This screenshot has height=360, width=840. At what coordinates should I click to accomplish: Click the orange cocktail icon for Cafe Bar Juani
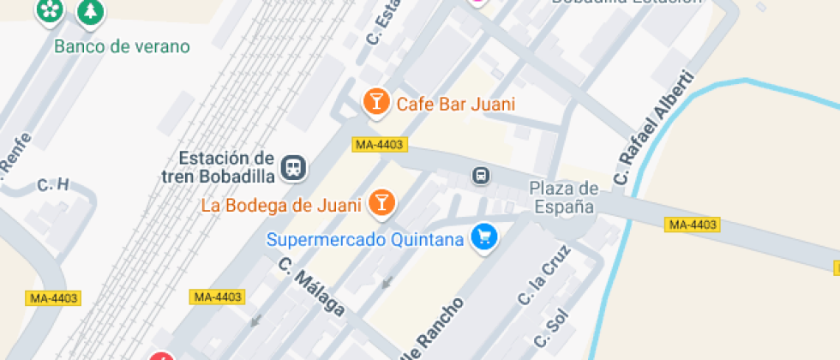point(375,103)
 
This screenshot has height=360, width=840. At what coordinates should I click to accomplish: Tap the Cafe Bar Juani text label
point(455,105)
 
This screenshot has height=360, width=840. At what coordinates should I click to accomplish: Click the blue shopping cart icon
point(484,237)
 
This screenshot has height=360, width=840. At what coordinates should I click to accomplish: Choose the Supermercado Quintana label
point(365,239)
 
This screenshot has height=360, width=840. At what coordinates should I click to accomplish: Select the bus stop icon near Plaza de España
point(482,176)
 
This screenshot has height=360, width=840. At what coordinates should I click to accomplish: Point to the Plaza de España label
point(563,197)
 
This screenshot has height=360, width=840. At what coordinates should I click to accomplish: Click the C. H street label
point(52,185)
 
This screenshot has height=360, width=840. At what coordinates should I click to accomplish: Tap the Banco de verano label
point(122,46)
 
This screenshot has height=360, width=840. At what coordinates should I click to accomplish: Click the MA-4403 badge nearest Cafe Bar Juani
point(378,145)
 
